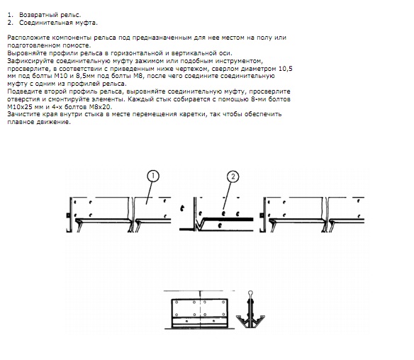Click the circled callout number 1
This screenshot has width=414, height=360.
(153, 176)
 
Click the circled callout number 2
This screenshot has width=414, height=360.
(233, 176)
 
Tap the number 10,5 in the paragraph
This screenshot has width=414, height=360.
(286, 69)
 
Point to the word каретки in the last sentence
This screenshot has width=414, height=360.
(194, 114)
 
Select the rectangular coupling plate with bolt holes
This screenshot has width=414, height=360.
(200, 313)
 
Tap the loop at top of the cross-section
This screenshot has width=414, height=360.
(250, 293)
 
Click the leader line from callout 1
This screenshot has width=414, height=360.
(149, 193)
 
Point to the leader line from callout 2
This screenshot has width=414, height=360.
(228, 196)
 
